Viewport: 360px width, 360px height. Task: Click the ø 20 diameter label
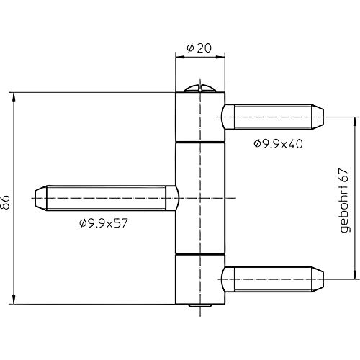199,48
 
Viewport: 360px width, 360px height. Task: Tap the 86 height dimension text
5,202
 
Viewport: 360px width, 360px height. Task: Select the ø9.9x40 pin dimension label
278,144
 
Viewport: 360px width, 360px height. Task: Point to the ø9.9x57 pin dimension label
104,223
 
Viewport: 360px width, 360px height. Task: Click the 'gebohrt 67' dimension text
344,200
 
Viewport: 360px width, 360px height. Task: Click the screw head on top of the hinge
200,88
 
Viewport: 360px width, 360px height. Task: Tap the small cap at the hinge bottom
200,305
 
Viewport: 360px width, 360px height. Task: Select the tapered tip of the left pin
41,198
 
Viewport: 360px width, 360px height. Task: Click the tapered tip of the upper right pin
318,117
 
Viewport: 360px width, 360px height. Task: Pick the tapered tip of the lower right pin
318,279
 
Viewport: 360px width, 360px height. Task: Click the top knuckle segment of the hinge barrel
200,117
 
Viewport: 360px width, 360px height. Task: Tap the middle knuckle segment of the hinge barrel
200,198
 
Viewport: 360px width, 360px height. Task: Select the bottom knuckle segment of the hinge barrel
200,279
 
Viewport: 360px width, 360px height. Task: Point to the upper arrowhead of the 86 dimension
14,97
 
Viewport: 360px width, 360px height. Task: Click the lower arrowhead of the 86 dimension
14,300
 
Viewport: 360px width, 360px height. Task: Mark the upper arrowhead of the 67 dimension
355,122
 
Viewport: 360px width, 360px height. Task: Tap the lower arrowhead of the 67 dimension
355,274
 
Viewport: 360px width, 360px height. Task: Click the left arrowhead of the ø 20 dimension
180,57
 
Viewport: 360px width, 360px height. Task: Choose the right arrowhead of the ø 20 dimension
220,57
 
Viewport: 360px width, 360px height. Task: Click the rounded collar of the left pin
172,198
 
